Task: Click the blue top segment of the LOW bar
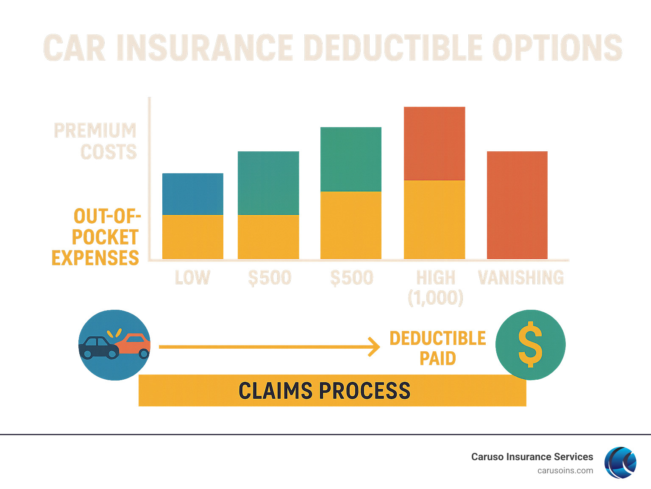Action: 193,194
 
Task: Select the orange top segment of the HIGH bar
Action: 434,143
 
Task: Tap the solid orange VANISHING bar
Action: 517,205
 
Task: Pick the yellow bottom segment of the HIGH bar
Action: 434,219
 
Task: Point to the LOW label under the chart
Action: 192,278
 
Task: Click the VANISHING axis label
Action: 521,278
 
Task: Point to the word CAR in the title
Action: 75,48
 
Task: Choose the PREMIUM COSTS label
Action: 96,141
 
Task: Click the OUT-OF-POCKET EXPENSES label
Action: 96,237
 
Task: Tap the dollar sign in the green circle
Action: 530,345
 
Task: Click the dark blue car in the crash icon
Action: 99,347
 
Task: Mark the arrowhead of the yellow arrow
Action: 374,347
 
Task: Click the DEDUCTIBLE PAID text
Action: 437,348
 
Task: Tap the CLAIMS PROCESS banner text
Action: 324,391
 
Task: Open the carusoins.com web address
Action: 565,470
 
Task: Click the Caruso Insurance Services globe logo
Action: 620,462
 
